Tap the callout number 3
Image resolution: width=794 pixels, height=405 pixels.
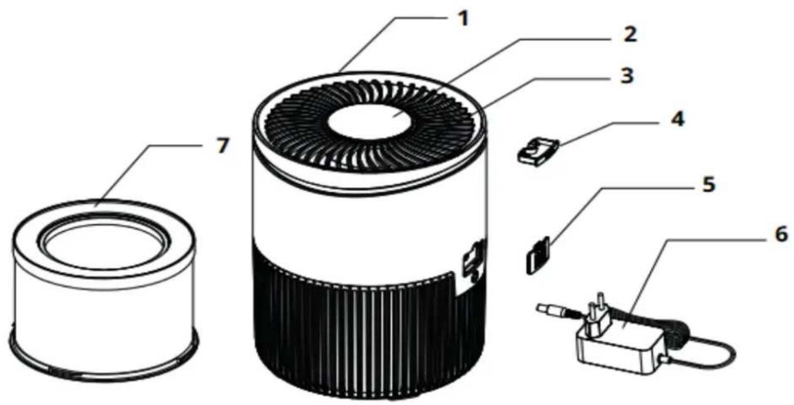[625, 76]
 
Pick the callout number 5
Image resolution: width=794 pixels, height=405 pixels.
[708, 186]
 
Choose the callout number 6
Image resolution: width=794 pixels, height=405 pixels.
[779, 234]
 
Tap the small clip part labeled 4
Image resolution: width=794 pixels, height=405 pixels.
[537, 152]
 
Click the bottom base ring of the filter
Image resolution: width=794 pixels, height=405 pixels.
[104, 365]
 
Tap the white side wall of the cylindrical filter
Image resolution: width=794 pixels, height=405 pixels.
[104, 309]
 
